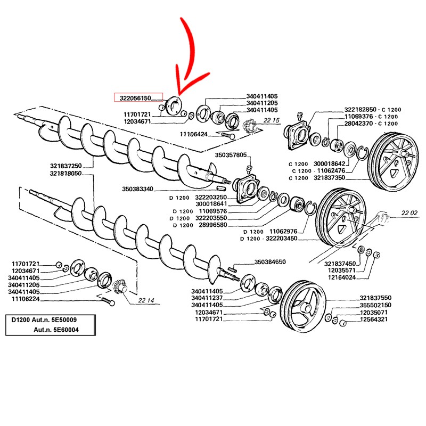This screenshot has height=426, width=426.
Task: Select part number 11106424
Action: [x=194, y=135]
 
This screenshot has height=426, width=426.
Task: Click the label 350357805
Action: [x=231, y=155]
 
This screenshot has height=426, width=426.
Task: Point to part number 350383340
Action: [x=137, y=189]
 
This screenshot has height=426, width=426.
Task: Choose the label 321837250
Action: [x=65, y=166]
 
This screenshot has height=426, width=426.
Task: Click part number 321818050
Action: [x=65, y=174]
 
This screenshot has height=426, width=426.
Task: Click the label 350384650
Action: [x=271, y=262]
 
